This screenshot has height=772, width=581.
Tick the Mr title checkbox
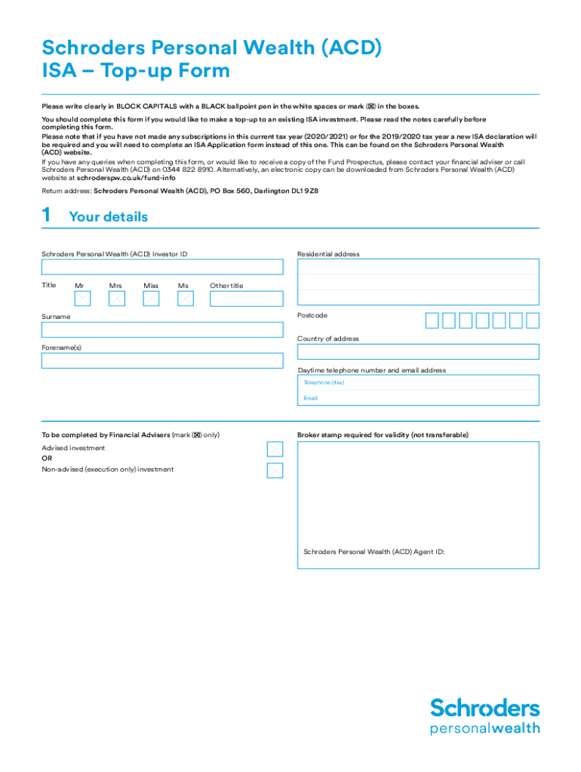tap(82, 299)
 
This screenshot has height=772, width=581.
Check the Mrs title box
tap(117, 299)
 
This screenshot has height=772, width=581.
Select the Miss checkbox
tap(152, 299)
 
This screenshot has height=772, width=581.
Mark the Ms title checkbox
tap(186, 299)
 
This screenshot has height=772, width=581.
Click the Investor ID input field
tap(162, 268)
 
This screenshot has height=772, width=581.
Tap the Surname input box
tap(162, 329)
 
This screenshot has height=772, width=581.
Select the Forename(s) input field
tap(162, 360)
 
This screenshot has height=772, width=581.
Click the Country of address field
tap(418, 351)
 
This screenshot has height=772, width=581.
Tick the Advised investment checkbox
tap(275, 449)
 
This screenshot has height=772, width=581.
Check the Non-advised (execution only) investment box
tap(275, 471)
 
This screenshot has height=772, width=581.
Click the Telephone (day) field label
tap(324, 383)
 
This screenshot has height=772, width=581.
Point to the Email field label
tap(311, 398)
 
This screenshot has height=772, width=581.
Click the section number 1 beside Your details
tap(47, 216)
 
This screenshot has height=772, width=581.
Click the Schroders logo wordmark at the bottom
tap(485, 708)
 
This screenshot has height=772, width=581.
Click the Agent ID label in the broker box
tap(373, 552)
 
